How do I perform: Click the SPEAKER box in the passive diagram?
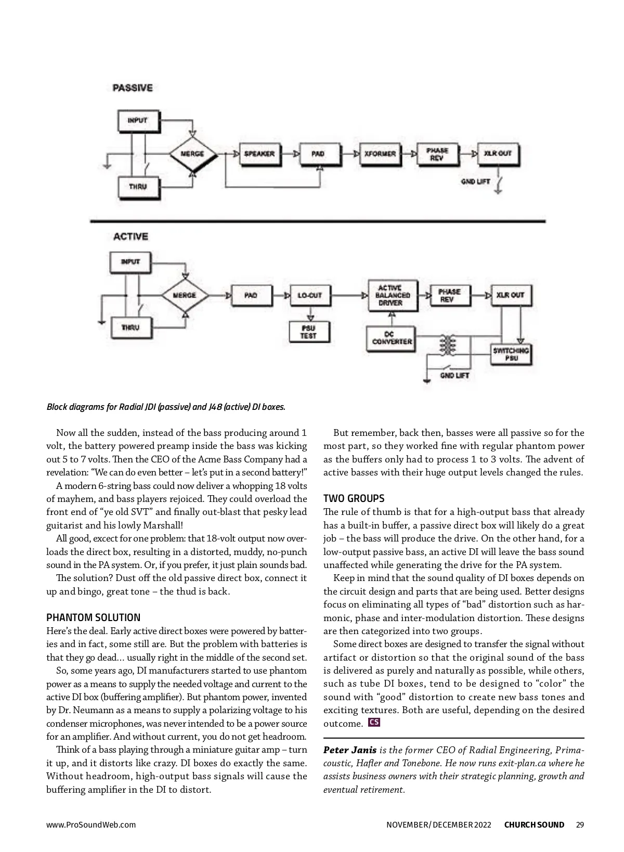[x=259, y=154]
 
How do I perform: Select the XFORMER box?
[x=380, y=154]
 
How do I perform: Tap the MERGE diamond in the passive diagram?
[x=192, y=154]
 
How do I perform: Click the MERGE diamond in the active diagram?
[x=185, y=295]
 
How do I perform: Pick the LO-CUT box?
[x=309, y=295]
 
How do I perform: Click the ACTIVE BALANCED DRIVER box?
[x=393, y=295]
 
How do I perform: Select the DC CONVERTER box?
[x=391, y=338]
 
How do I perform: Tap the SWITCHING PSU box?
[x=511, y=354]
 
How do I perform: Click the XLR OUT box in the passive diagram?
[x=498, y=154]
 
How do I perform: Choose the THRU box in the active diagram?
[x=130, y=328]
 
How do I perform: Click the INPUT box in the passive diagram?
[x=138, y=120]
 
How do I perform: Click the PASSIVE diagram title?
[x=133, y=88]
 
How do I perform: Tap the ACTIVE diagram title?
[x=131, y=237]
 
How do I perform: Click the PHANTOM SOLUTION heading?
[x=93, y=617]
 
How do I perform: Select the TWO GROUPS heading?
[x=354, y=498]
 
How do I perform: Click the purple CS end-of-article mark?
[x=373, y=722]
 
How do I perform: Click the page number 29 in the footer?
[x=580, y=824]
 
